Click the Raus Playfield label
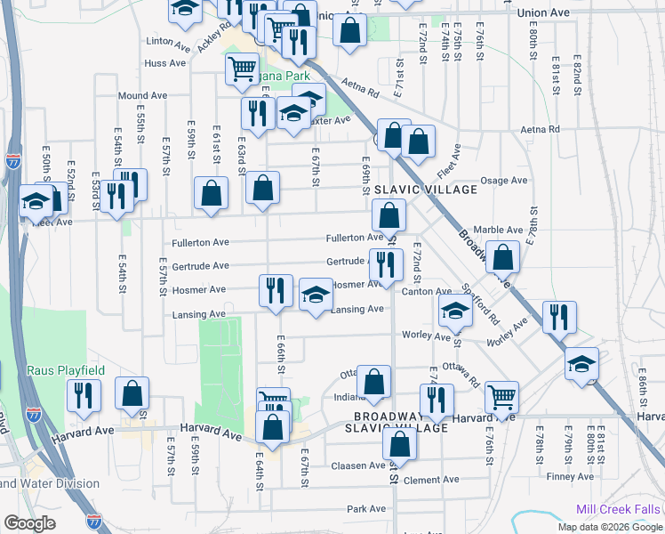click(x=66, y=370)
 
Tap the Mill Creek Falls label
click(x=617, y=509)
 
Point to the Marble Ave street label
click(x=498, y=230)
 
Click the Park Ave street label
click(x=366, y=509)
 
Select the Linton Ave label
click(x=169, y=42)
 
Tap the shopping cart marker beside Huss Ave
click(x=242, y=68)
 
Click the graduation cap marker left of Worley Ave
click(x=455, y=311)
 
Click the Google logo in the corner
click(x=29, y=523)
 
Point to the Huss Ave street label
click(x=165, y=63)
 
